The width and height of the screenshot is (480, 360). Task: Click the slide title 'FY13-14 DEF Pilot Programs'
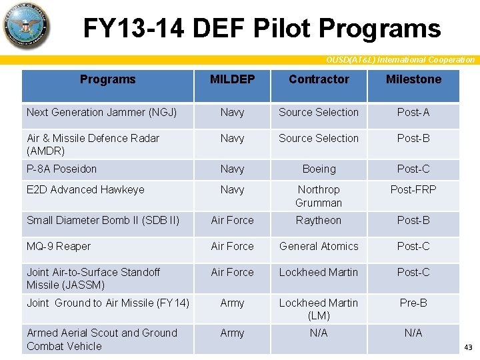coord(261,28)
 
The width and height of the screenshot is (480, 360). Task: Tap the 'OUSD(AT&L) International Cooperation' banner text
coord(400,60)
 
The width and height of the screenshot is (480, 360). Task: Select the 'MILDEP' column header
coord(232,79)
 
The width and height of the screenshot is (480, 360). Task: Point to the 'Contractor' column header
coord(319,79)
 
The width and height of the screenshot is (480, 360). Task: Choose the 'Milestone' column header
coord(413,79)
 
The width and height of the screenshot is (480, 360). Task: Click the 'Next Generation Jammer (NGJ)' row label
coord(101,113)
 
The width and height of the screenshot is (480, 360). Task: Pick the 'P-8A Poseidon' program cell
coord(61,169)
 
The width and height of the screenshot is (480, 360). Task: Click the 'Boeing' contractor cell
coord(319,169)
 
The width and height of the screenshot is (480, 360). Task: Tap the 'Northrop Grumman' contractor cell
coord(319,196)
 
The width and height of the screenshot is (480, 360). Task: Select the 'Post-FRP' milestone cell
coord(413,190)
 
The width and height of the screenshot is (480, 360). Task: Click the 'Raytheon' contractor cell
coord(319,221)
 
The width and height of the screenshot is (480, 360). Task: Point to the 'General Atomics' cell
coord(319,247)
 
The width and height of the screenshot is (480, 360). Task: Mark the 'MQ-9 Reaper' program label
coord(59,247)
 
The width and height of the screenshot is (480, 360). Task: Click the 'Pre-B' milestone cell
coord(413,303)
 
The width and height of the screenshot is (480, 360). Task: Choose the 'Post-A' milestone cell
coord(413,113)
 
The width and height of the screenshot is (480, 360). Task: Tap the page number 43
coord(467,347)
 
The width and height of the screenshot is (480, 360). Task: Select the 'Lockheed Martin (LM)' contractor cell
coord(319,309)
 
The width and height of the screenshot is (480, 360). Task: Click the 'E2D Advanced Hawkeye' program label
coord(85,190)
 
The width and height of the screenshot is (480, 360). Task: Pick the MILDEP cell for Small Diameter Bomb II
coord(232,221)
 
